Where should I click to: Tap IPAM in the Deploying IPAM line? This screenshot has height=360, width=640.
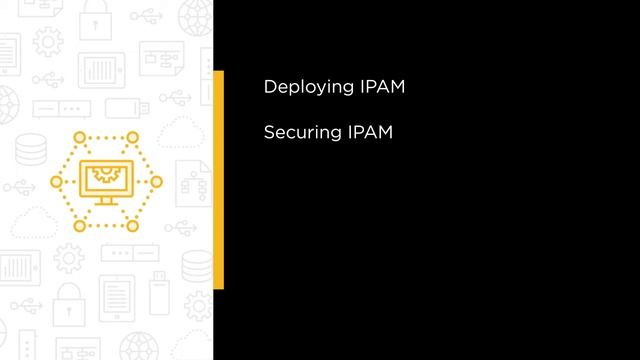pyautogui.click(x=381, y=87)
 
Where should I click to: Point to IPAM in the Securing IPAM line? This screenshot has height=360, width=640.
pyautogui.click(x=371, y=131)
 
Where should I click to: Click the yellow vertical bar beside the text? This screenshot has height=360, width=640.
pyautogui.click(x=218, y=180)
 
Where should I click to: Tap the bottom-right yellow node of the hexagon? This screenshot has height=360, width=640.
pyautogui.click(x=130, y=225)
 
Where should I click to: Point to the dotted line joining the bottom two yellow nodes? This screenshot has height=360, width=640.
pyautogui.click(x=104, y=225)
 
